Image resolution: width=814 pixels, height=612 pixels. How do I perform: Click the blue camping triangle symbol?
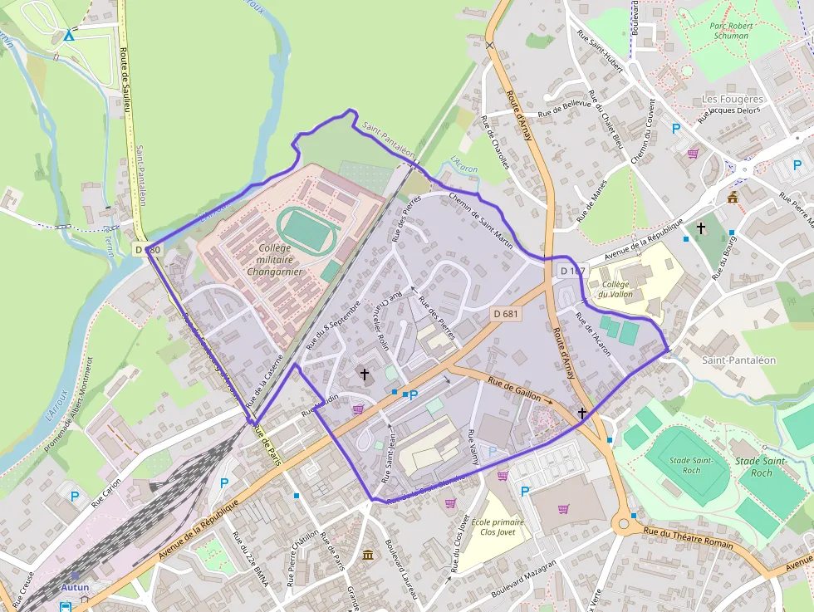coord(69,35)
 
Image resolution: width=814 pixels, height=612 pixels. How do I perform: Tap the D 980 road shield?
coord(145,249)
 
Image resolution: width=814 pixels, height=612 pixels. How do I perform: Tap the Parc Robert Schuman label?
coord(730,31)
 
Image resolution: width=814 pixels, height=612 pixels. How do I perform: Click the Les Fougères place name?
coord(732,99)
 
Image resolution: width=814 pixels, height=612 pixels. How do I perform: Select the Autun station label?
coord(75,587)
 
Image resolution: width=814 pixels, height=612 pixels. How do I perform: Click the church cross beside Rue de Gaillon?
coord(582,413)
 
